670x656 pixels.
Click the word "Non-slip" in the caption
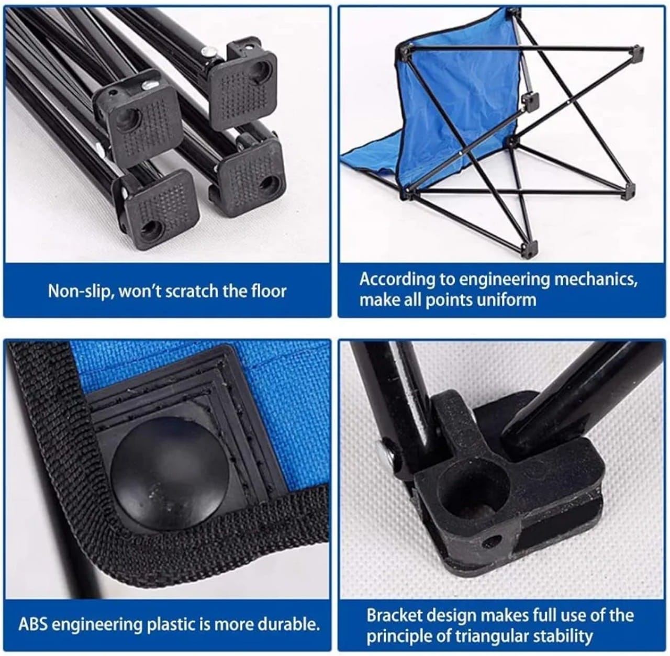[79, 291]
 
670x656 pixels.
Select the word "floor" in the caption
[269, 291]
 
